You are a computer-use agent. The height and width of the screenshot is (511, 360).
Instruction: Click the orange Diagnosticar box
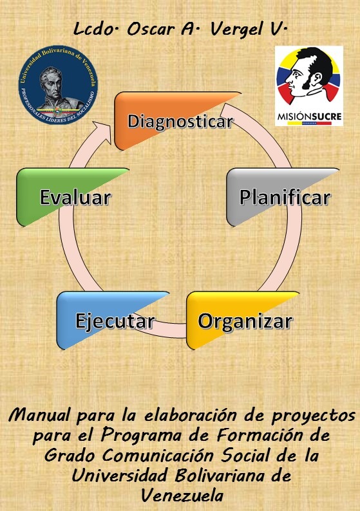tap(178, 121)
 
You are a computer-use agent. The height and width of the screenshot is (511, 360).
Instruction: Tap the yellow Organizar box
tap(243, 321)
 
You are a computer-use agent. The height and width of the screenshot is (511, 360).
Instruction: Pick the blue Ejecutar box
tap(113, 321)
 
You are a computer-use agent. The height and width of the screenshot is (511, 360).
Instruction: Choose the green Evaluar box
tap(73, 197)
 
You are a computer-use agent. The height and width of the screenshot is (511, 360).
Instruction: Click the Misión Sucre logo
tap(309, 86)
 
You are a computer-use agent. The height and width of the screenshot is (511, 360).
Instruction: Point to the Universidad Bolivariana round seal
tap(58, 85)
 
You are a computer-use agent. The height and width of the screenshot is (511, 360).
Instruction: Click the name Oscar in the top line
tap(151, 30)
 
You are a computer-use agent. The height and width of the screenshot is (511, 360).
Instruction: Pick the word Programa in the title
tap(142, 436)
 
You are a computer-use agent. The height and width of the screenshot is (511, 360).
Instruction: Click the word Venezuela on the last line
tap(182, 496)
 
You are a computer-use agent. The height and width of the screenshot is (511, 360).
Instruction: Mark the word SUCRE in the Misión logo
tap(322, 116)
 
